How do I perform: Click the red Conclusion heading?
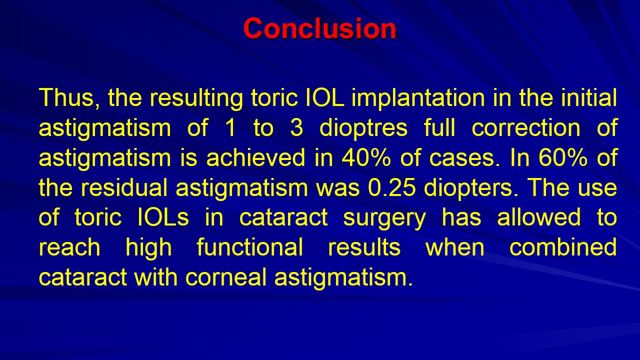pyautogui.click(x=319, y=28)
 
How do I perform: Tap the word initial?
pyautogui.click(x=589, y=97)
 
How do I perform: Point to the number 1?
pyautogui.click(x=230, y=127)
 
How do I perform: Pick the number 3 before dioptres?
pyautogui.click(x=296, y=127)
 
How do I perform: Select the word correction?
pyautogui.click(x=526, y=127)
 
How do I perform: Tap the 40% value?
pyautogui.click(x=366, y=157)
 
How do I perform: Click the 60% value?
pyautogui.click(x=563, y=157)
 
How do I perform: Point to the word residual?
pyautogui.click(x=124, y=187)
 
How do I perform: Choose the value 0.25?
pyautogui.click(x=392, y=187)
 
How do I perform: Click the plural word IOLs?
pyautogui.click(x=163, y=217)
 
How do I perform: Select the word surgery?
pyautogui.click(x=384, y=219)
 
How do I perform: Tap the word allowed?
pyautogui.click(x=539, y=217)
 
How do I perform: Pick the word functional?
pyautogui.click(x=249, y=247)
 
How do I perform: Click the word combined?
pyautogui.click(x=563, y=247)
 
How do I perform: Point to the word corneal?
pyautogui.click(x=225, y=277)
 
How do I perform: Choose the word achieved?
pyautogui.click(x=255, y=157)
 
